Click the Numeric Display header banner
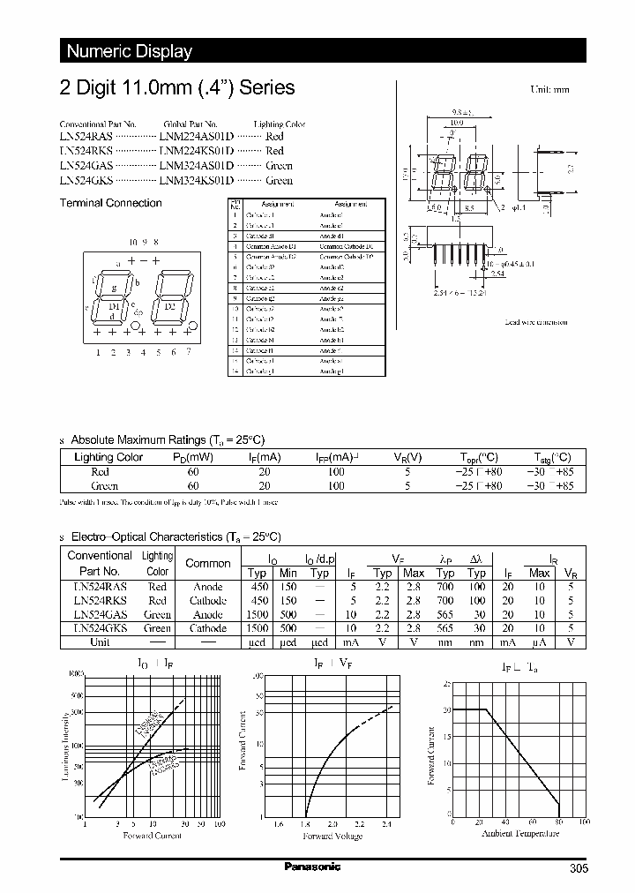[x=130, y=51]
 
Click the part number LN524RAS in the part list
[x=84, y=137]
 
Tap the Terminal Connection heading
[x=110, y=203]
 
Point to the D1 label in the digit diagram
[x=114, y=305]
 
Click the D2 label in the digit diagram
[x=169, y=305]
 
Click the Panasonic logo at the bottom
[x=311, y=867]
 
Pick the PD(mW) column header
[x=192, y=457]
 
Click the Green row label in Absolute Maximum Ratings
[x=105, y=485]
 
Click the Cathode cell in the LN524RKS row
[x=209, y=600]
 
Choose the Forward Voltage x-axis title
[x=332, y=836]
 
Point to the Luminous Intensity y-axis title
[x=65, y=747]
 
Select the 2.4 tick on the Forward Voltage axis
[x=386, y=824]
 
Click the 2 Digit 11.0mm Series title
[x=176, y=88]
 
